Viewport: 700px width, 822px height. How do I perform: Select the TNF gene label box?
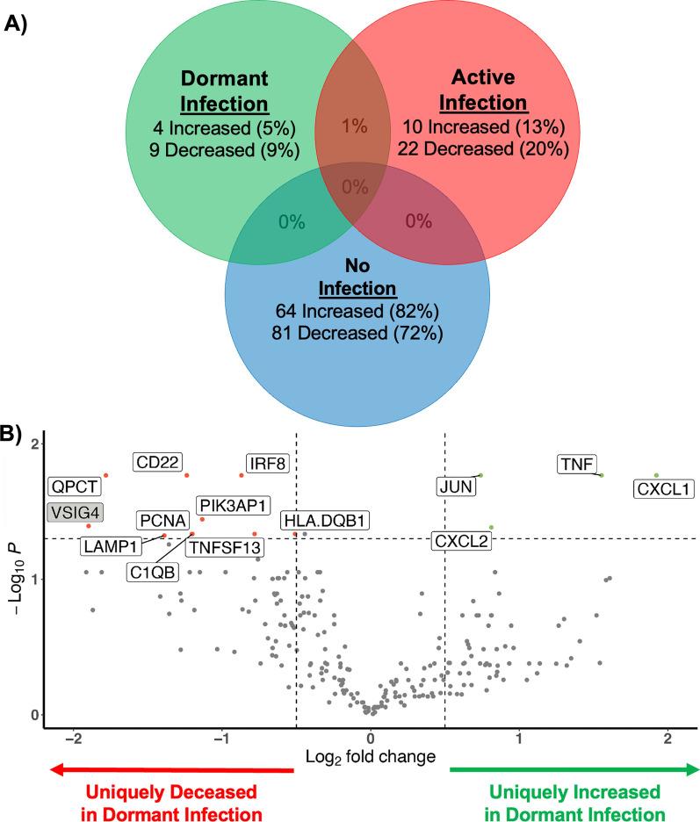point(578,465)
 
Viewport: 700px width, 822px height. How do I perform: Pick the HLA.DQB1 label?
point(326,520)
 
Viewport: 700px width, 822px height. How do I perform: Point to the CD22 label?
point(157,462)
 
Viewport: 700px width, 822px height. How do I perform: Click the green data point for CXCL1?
point(656,475)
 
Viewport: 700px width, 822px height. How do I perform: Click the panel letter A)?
point(20,23)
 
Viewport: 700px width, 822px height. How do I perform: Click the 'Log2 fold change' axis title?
point(369,754)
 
